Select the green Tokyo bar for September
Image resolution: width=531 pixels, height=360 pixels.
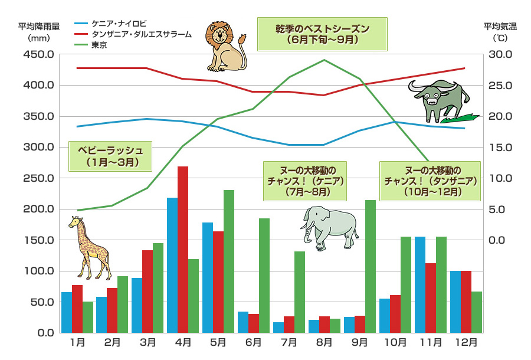pyautogui.click(x=371, y=266)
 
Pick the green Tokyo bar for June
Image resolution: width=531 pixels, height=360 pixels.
pyautogui.click(x=264, y=275)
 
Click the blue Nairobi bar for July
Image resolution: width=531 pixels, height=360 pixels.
pyautogui.click(x=278, y=327)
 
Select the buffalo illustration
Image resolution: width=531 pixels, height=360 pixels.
pyautogui.click(x=440, y=99)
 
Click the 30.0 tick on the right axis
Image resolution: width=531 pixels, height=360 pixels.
pyautogui.click(x=494, y=54)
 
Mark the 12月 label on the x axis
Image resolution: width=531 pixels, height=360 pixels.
pyautogui.click(x=466, y=342)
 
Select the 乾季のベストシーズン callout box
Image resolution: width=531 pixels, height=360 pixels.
pyautogui.click(x=322, y=34)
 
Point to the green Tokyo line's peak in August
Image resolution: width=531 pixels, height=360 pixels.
pyautogui.click(x=324, y=60)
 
